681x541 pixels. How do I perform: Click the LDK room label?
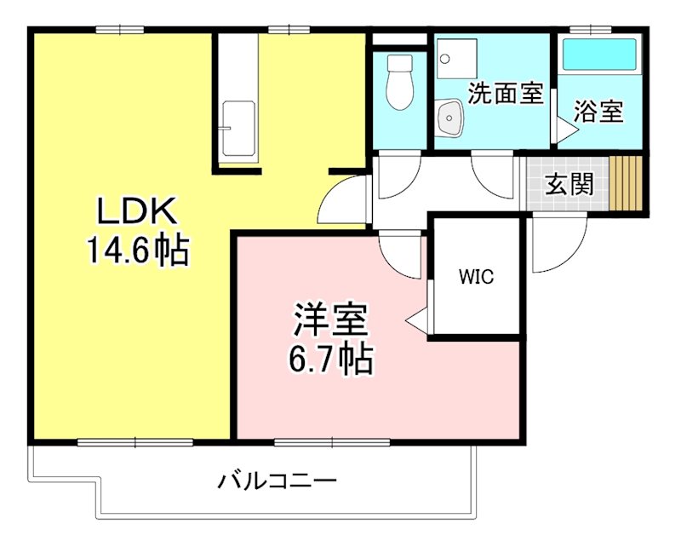click(x=137, y=209)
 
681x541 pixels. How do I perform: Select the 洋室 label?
click(x=331, y=319)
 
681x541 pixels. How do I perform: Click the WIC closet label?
click(x=476, y=278)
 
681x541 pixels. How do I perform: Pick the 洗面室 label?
click(x=506, y=93)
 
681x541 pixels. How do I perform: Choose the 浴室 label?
click(x=598, y=111)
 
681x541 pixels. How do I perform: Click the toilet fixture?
click(x=398, y=83)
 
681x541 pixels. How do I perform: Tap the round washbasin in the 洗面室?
click(x=448, y=118)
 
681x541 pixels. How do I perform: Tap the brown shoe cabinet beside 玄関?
click(x=627, y=182)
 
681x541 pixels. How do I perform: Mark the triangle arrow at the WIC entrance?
click(x=417, y=322)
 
